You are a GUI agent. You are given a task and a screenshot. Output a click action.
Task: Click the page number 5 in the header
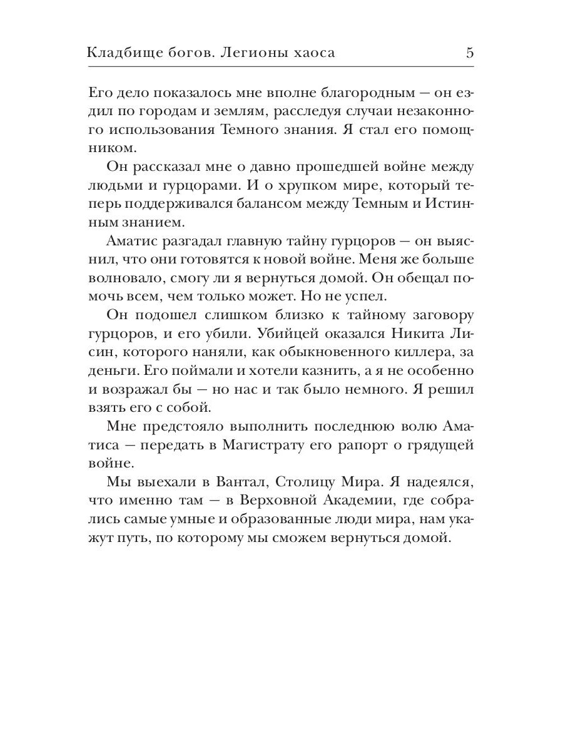point(469,53)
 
